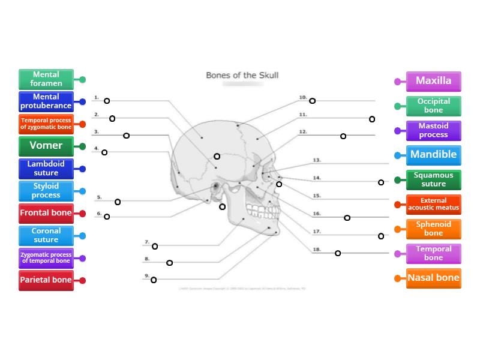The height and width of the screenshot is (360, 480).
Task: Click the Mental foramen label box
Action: tap(46, 79)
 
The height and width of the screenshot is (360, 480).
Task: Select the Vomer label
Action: tap(46, 146)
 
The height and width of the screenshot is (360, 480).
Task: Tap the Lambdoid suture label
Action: tap(46, 169)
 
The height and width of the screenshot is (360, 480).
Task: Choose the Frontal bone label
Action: tap(46, 213)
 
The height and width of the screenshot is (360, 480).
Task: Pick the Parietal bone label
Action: tap(46, 280)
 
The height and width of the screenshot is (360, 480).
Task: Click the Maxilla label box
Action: tap(433, 81)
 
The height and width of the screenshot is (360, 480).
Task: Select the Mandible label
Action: tap(433, 155)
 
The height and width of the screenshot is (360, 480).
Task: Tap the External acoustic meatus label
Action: tap(433, 205)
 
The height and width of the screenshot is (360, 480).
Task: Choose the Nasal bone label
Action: tap(433, 278)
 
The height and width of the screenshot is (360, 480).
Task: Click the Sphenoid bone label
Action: tap(433, 229)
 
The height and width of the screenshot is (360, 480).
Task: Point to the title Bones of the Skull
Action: tap(242, 76)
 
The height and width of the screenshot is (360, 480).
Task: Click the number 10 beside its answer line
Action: tap(303, 97)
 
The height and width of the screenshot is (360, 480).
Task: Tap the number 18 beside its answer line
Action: tap(317, 249)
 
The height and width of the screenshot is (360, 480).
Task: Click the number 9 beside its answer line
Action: tap(146, 276)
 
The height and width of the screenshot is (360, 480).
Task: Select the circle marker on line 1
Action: tap(107, 101)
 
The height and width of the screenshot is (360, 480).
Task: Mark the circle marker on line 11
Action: tap(372, 119)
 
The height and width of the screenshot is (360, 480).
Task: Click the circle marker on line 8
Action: tap(169, 263)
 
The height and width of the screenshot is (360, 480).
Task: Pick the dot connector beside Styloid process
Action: tap(82, 191)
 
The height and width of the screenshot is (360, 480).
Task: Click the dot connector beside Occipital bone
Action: tap(397, 106)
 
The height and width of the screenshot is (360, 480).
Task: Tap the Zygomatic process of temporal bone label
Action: tap(46, 258)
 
